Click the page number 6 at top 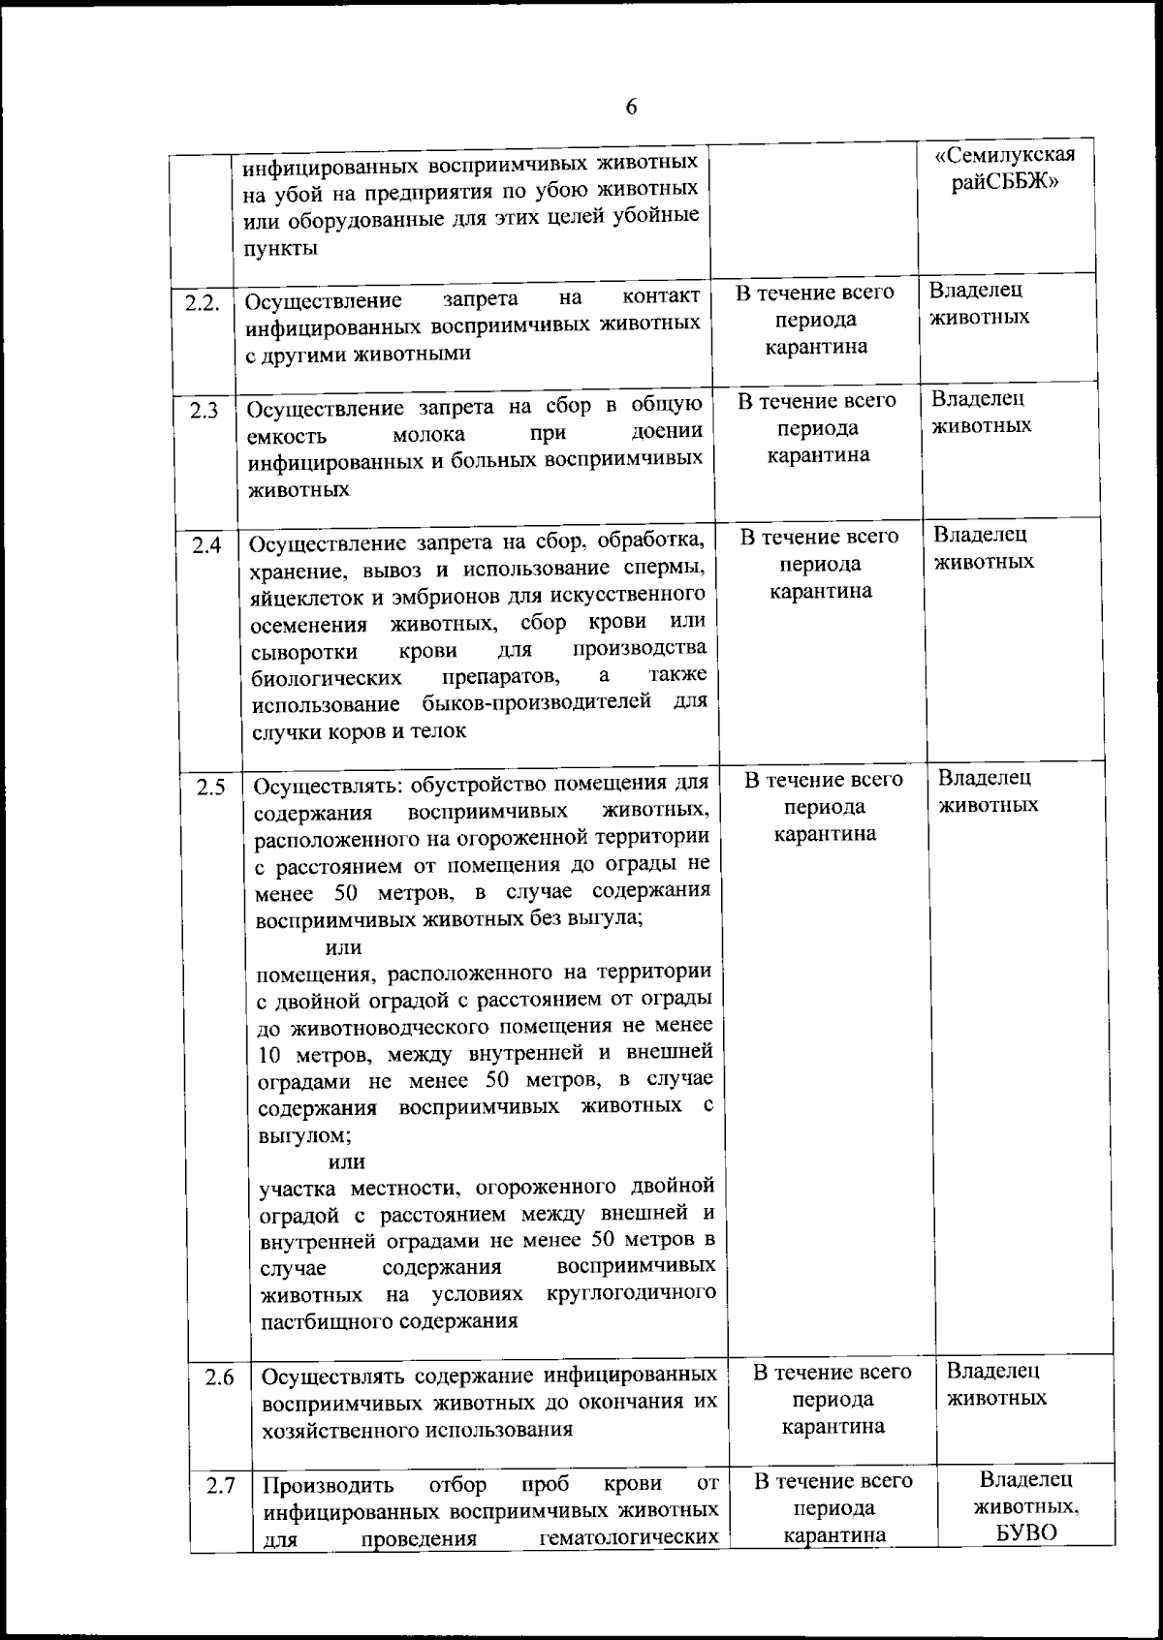631,107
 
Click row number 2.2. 203,302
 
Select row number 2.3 204,411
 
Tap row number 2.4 205,546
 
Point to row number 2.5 209,788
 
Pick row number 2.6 220,1377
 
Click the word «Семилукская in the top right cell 1005,155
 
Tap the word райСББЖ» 1004,182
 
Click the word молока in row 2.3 428,435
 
